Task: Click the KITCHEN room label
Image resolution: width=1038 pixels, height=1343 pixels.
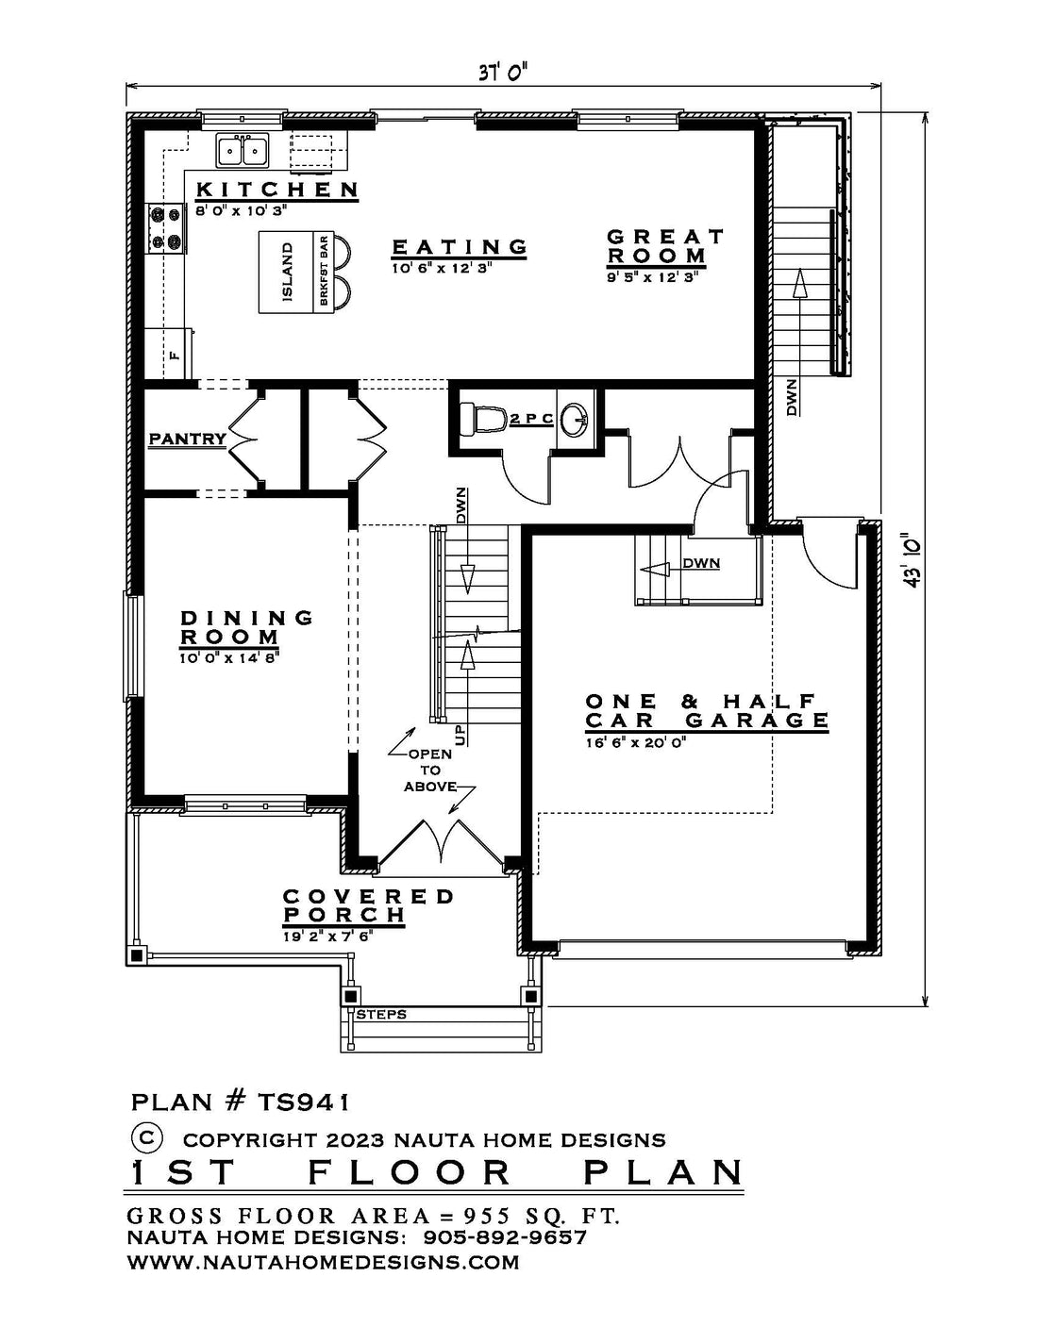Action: point(277,190)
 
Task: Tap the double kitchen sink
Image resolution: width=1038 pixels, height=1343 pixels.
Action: point(242,150)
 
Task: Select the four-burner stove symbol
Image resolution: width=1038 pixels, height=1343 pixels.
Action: point(166,228)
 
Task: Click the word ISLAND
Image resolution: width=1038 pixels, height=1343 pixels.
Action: point(287,273)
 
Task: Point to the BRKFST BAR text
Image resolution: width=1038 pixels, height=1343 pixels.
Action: point(324,272)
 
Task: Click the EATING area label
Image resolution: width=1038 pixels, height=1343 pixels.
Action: point(460,247)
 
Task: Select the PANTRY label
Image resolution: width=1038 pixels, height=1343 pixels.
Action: point(188,439)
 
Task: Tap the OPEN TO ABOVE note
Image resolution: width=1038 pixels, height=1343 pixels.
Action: point(431,771)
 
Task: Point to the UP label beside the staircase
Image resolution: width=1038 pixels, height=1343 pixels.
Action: point(460,735)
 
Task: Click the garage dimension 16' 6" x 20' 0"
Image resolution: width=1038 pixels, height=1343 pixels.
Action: point(635,742)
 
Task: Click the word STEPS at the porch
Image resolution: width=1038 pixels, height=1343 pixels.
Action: point(381,1014)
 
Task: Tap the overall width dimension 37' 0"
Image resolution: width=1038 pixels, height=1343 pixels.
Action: point(502,73)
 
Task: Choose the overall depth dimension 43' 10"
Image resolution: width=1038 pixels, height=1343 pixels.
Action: point(912,559)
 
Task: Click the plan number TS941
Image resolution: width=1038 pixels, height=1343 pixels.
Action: point(302,1102)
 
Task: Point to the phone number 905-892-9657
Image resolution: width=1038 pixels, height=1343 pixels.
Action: point(505,1237)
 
